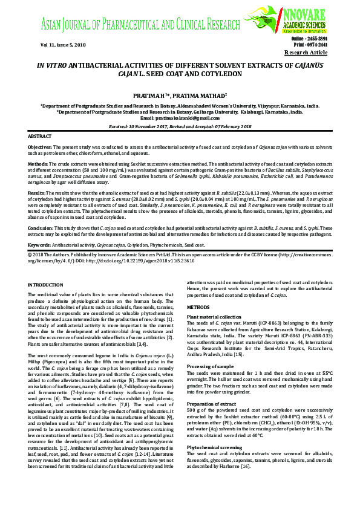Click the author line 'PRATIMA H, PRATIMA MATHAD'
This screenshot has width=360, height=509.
click(180, 96)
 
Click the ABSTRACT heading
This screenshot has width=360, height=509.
click(40, 137)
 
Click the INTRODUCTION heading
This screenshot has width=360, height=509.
click(45, 284)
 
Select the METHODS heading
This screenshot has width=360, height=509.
click(199, 307)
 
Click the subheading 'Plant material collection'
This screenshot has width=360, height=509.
click(214, 317)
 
